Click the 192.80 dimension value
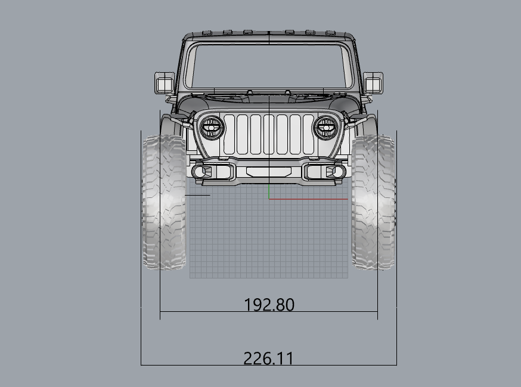269,305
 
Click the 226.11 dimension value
268,358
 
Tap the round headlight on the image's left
212,128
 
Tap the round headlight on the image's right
326,128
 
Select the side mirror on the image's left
165,82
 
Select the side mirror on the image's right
373,82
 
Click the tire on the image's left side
164,202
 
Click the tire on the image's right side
374,202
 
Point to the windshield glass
269,67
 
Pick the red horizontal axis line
308,199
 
